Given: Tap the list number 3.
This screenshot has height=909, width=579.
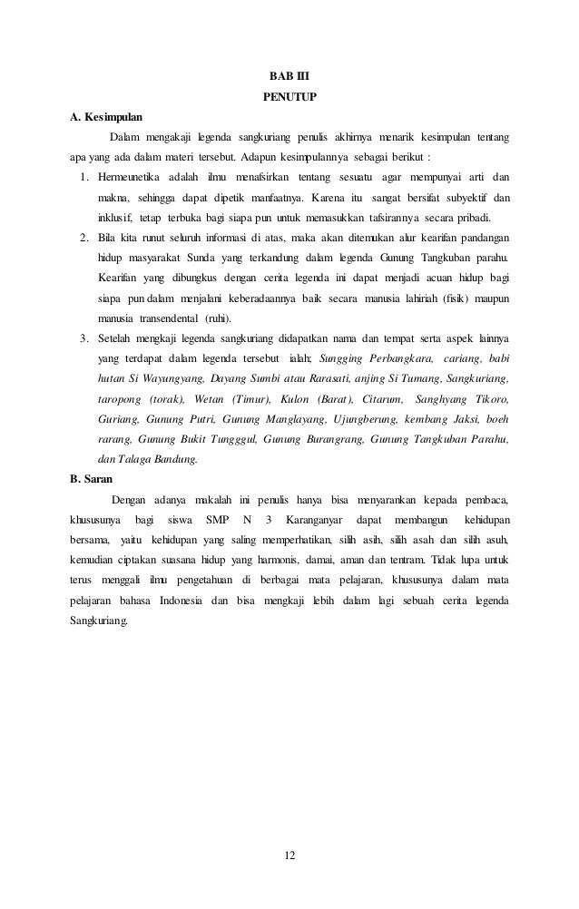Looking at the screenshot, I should pos(83,338).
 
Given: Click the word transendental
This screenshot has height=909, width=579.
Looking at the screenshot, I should pos(170,318).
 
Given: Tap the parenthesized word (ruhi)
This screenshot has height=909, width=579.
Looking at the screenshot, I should pos(237,318).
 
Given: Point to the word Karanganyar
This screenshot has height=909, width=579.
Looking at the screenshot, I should pos(318,519).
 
